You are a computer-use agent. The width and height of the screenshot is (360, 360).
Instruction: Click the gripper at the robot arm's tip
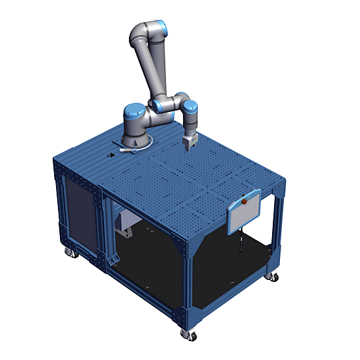[x=189, y=141]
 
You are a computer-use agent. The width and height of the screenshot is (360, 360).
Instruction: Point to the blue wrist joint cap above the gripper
[x=190, y=107]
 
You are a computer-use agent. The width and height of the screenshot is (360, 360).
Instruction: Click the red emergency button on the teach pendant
[x=245, y=202]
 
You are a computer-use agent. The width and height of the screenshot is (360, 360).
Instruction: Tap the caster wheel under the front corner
[x=186, y=333]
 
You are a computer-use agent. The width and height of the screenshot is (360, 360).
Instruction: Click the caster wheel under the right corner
[x=273, y=277]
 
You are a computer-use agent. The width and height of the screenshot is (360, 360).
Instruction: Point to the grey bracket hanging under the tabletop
[x=124, y=225]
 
